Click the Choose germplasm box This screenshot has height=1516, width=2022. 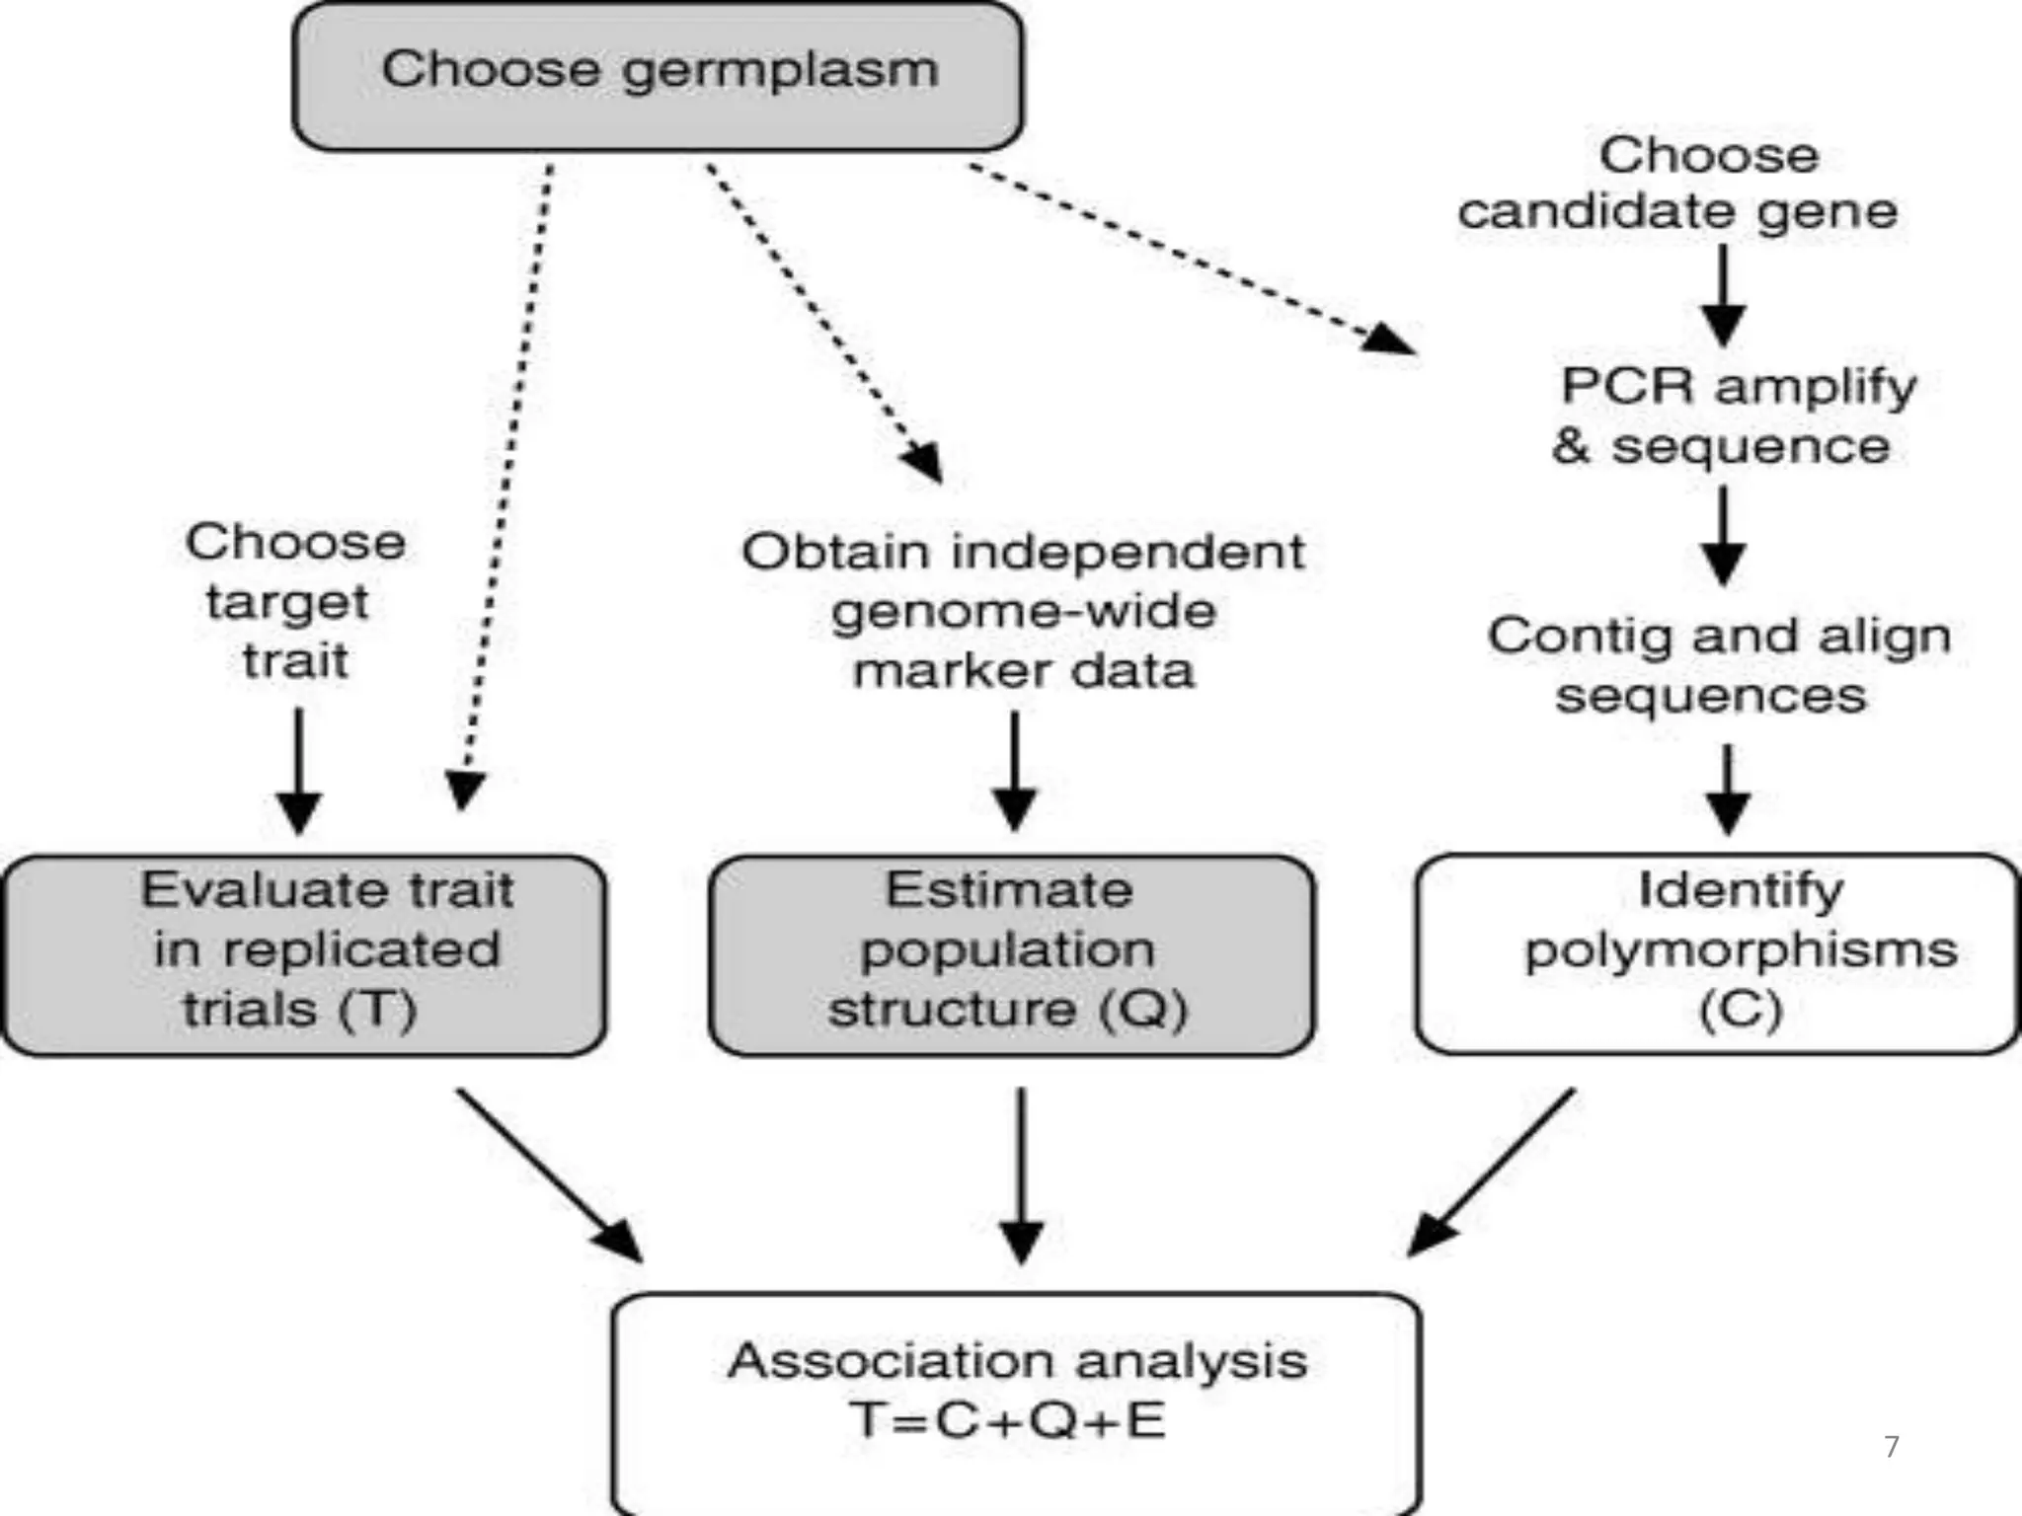658,75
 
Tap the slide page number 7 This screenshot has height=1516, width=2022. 1891,1447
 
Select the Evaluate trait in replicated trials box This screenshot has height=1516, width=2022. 304,953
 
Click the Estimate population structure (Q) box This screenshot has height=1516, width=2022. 1011,953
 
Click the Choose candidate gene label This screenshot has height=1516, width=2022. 1678,184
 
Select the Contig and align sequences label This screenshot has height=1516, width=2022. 1718,664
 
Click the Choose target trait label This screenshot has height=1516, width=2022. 294,600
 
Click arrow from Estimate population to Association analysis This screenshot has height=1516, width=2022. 1021,1175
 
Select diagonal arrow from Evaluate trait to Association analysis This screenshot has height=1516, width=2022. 548,1175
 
